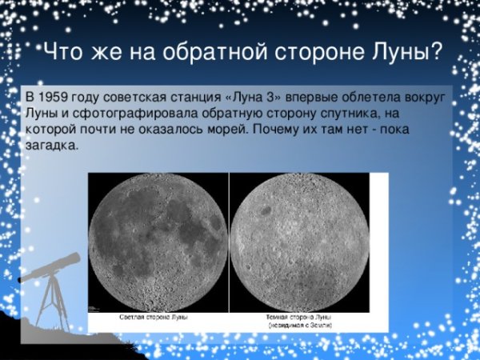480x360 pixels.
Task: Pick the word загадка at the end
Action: (53, 146)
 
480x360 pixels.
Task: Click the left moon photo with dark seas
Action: (157, 242)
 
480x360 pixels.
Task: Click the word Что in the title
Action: (60, 54)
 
